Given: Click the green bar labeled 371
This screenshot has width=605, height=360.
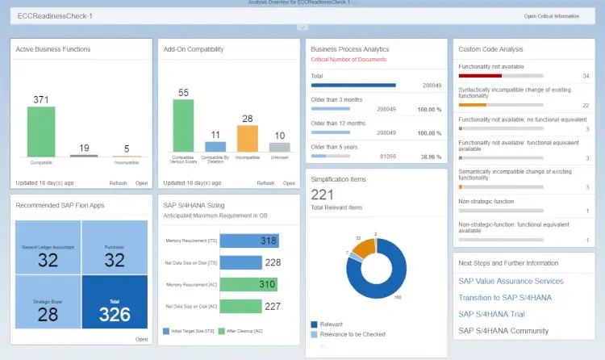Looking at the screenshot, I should (41, 132).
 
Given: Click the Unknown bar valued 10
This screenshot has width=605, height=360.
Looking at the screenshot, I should (279, 147).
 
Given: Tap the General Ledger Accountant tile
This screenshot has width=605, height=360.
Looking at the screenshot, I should (48, 252).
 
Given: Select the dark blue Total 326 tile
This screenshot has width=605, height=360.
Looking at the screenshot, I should (115, 303).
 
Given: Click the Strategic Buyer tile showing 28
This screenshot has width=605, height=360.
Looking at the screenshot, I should (48, 303).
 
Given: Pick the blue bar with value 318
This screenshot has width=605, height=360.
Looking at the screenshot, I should (248, 241).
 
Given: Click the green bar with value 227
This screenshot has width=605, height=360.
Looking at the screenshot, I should (249, 306).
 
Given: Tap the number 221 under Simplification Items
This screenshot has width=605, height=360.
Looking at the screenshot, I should (323, 194).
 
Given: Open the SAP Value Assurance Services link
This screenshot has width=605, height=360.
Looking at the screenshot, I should (511, 281).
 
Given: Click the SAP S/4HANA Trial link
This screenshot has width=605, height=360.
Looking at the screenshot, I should (492, 314).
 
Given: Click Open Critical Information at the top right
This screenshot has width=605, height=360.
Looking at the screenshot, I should (551, 16).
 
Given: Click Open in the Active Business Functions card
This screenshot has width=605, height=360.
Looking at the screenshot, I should (141, 183).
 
